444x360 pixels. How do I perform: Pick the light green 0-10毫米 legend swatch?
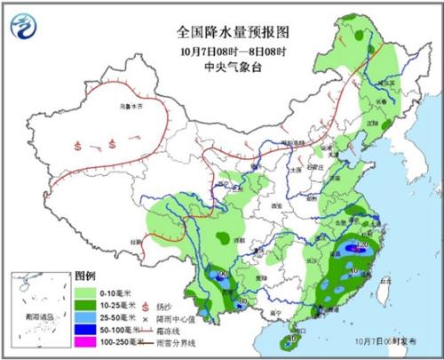[x=89, y=290]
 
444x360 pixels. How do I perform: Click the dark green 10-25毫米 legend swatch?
[x=89, y=303]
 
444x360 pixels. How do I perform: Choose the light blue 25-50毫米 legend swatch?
[x=89, y=316]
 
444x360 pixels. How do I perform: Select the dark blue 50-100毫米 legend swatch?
[x=89, y=328]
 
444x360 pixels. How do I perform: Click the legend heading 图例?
[x=84, y=276]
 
